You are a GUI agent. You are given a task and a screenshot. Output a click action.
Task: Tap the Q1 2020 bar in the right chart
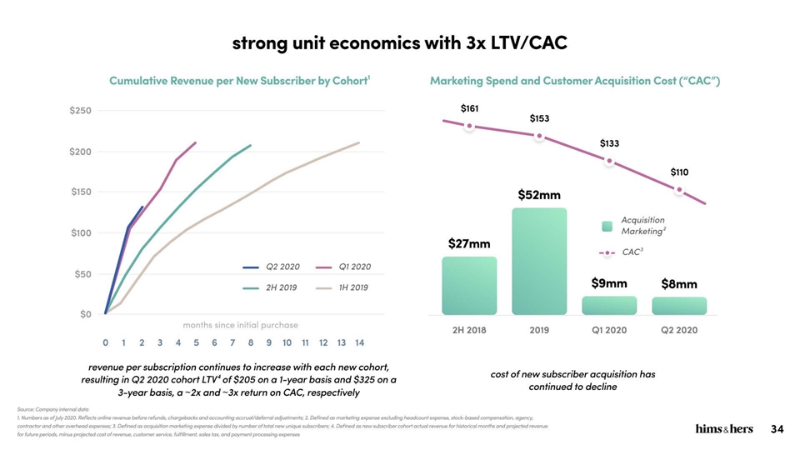click(609, 305)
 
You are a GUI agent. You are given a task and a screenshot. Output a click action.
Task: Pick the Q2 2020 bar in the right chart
click(679, 306)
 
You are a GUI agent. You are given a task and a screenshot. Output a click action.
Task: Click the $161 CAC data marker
click(470, 126)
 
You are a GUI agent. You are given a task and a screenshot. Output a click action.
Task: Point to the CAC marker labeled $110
click(679, 190)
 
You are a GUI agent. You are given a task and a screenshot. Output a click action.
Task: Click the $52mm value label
click(539, 195)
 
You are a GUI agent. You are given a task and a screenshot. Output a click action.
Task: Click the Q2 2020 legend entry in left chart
click(272, 267)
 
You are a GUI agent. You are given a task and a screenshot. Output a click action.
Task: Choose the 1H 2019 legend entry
click(341, 287)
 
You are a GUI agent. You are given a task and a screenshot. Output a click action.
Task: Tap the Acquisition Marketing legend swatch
click(607, 225)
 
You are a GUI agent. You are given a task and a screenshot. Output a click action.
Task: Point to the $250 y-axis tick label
click(80, 110)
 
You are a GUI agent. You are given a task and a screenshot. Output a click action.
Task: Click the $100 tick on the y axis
click(80, 232)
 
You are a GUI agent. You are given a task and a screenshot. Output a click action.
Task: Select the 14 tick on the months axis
click(359, 342)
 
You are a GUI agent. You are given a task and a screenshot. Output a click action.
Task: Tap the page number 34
click(777, 429)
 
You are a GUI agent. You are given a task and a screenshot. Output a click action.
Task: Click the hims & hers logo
click(723, 429)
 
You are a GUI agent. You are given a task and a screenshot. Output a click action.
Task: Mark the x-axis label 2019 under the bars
click(539, 329)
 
